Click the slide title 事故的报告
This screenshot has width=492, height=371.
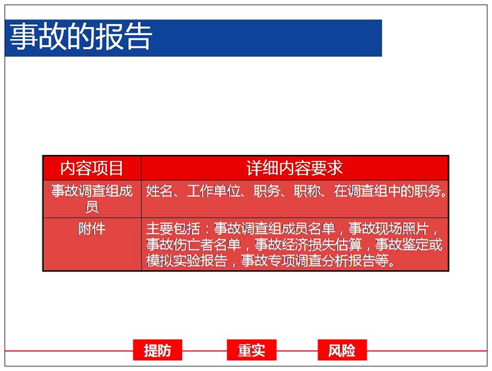[81, 37]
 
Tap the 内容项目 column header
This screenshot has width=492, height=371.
[92, 168]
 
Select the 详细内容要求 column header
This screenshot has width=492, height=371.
[295, 168]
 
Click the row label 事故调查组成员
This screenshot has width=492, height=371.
[92, 199]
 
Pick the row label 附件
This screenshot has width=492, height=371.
[92, 229]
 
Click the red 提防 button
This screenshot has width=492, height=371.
[158, 350]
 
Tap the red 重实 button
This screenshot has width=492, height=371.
[251, 350]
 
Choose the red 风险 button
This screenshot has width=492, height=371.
[342, 350]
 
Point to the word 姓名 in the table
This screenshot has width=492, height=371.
[160, 191]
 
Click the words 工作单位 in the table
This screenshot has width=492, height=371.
[214, 191]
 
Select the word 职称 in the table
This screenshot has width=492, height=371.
[307, 191]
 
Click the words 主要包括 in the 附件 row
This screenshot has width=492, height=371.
[173, 229]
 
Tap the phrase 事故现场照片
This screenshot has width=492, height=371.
[388, 229]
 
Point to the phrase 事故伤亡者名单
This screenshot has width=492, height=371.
[193, 244]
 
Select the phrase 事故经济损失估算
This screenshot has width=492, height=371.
[308, 244]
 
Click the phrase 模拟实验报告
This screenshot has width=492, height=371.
[187, 260]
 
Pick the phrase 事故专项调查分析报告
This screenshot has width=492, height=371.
[315, 260]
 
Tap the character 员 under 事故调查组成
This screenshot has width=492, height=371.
[92, 207]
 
